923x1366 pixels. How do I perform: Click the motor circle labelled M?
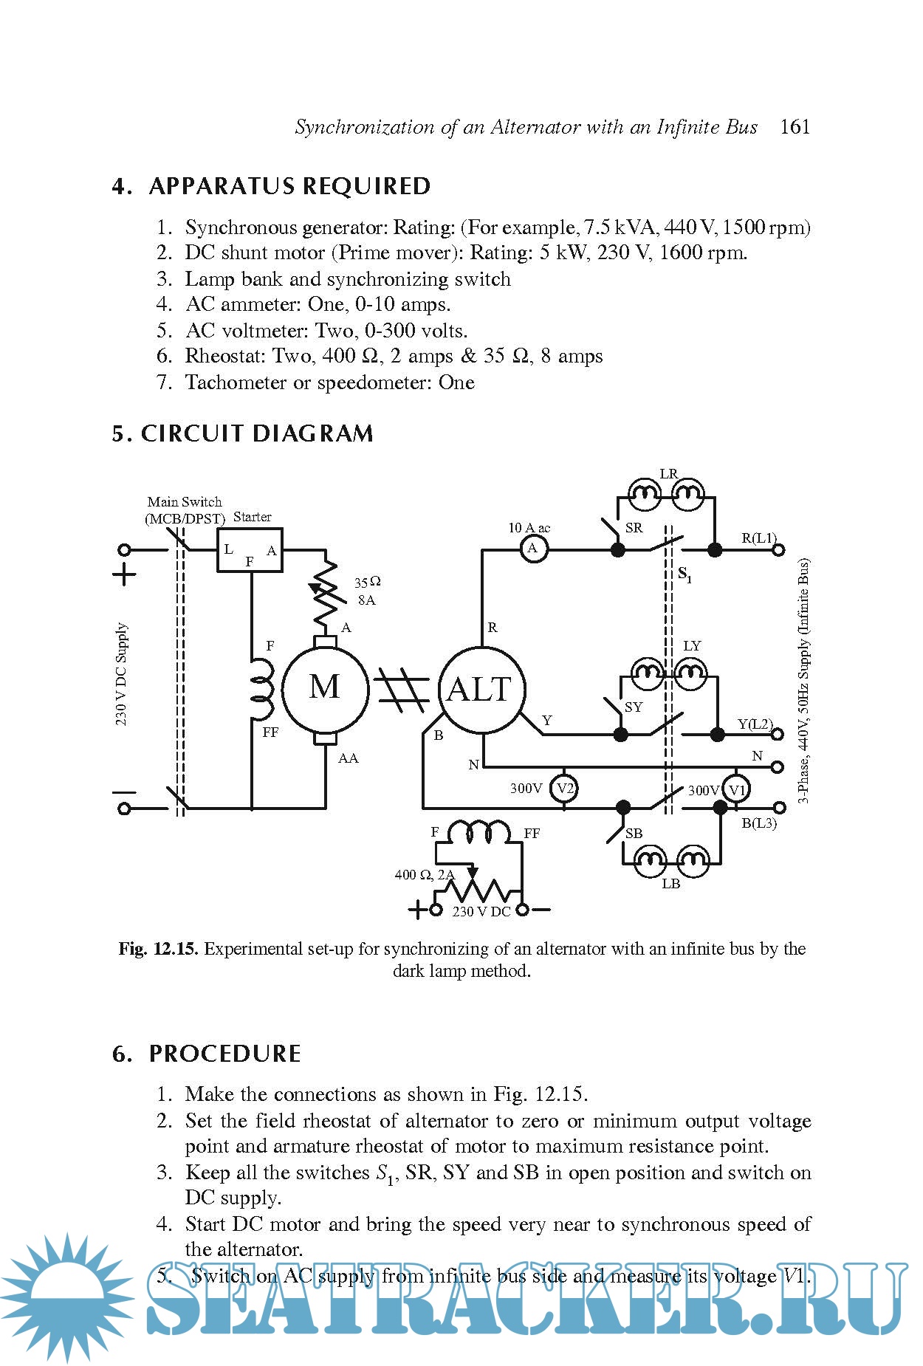tap(325, 687)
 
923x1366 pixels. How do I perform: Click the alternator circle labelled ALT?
tap(481, 690)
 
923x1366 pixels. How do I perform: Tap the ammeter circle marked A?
tap(532, 549)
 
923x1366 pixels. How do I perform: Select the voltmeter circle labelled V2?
tap(565, 789)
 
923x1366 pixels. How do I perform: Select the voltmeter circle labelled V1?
tap(736, 790)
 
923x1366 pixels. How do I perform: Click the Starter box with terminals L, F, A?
tap(250, 550)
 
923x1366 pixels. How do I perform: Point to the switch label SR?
tap(634, 528)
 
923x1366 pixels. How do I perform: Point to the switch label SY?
tap(634, 707)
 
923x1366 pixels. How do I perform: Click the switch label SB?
tap(634, 833)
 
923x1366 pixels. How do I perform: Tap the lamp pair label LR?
tap(668, 474)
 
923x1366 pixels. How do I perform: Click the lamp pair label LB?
tap(670, 884)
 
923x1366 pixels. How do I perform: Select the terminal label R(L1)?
tap(758, 538)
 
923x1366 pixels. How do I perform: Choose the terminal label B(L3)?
tap(759, 823)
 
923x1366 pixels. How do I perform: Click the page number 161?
tap(795, 127)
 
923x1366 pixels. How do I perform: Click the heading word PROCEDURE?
tap(225, 1054)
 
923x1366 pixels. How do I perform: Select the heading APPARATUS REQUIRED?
tap(289, 186)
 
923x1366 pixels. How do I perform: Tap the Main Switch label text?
tap(185, 501)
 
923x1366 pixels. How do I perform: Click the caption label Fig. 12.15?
tap(158, 949)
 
